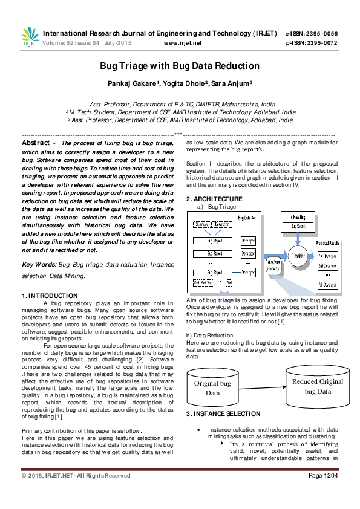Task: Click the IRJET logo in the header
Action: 29,37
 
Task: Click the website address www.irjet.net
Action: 182,43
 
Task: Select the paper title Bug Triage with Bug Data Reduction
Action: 180,66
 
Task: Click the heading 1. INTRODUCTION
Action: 50,296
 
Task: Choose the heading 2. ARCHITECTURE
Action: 214,199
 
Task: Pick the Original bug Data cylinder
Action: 212,387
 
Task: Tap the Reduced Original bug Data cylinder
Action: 317,386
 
